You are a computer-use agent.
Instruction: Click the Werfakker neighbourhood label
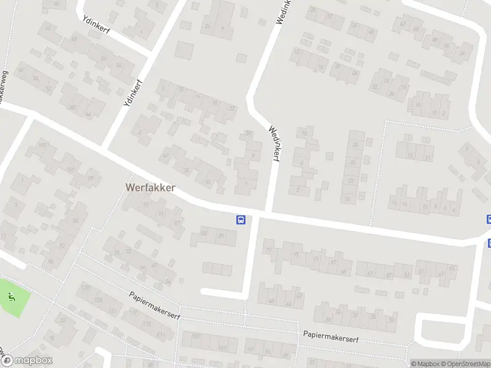click(x=150, y=187)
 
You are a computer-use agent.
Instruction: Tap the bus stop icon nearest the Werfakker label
click(x=241, y=220)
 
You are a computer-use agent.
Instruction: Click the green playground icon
click(x=12, y=297)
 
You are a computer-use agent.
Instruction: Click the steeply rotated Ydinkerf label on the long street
click(x=133, y=93)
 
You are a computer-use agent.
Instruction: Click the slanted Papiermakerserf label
click(x=153, y=300)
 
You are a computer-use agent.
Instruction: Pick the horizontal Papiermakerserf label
click(x=330, y=338)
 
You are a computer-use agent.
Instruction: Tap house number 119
click(x=133, y=312)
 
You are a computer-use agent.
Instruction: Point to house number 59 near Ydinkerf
click(x=119, y=65)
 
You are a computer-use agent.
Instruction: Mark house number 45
click(x=452, y=267)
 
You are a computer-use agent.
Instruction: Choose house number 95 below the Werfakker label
click(x=146, y=205)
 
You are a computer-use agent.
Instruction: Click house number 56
click(x=36, y=79)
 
